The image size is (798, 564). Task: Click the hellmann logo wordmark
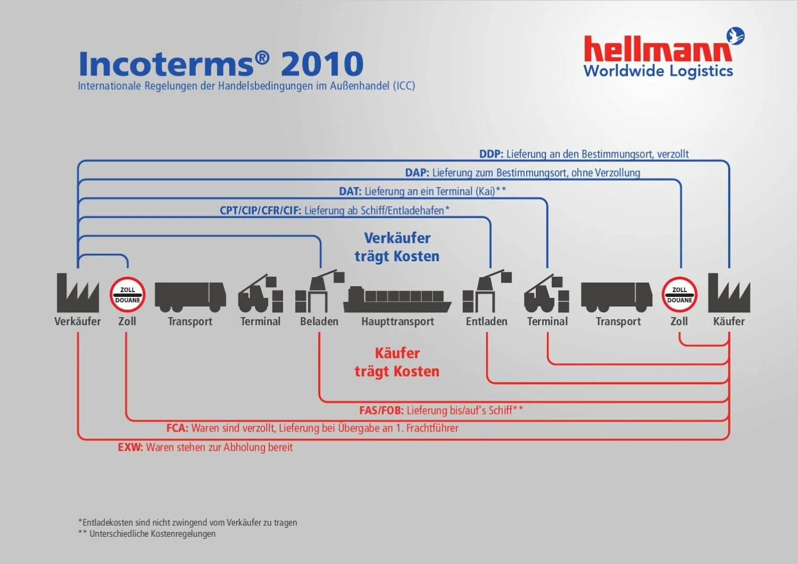click(x=658, y=49)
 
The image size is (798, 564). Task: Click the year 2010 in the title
click(x=322, y=64)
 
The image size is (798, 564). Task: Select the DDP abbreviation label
click(x=491, y=154)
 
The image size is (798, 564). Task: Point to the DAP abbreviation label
click(x=417, y=173)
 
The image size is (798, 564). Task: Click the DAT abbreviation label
click(x=350, y=192)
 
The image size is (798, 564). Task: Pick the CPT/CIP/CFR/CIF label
click(x=260, y=211)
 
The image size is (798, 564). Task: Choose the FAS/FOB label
click(x=381, y=410)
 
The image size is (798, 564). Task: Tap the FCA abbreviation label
click(x=177, y=428)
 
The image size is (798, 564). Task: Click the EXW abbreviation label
click(x=130, y=447)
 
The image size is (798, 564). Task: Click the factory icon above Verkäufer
click(x=78, y=293)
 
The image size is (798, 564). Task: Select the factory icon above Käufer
click(x=729, y=293)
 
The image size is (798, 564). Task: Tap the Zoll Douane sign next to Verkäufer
click(x=128, y=295)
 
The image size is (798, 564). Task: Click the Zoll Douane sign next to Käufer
click(x=679, y=295)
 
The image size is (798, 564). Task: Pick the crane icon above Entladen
click(x=487, y=292)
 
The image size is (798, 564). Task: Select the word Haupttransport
click(x=397, y=321)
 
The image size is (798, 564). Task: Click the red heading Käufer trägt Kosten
click(x=397, y=362)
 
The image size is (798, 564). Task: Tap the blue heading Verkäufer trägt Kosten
click(x=397, y=247)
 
